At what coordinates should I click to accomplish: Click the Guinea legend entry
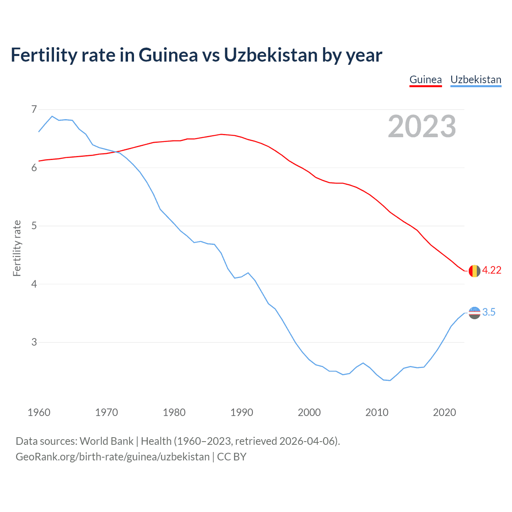pyautogui.click(x=426, y=80)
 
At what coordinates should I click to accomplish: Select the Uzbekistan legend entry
pyautogui.click(x=476, y=80)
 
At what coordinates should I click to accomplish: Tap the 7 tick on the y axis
pyautogui.click(x=34, y=109)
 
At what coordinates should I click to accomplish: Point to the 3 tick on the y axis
pyautogui.click(x=34, y=342)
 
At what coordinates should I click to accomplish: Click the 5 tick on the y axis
pyautogui.click(x=34, y=226)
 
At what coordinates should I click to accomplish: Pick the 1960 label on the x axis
pyautogui.click(x=39, y=412)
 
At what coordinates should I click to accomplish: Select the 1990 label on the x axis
pyautogui.click(x=242, y=412)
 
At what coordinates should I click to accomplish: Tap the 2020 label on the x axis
pyautogui.click(x=444, y=412)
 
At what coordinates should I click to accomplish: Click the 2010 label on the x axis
pyautogui.click(x=377, y=412)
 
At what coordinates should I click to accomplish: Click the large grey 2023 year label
pyautogui.click(x=422, y=126)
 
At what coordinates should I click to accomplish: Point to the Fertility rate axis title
pyautogui.click(x=17, y=248)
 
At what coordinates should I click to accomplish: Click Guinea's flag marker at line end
pyautogui.click(x=474, y=271)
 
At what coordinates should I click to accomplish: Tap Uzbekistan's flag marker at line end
pyautogui.click(x=474, y=313)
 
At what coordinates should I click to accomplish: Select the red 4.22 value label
pyautogui.click(x=492, y=270)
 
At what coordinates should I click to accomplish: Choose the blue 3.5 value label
pyautogui.click(x=489, y=312)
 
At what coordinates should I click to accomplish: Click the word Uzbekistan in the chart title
pyautogui.click(x=271, y=55)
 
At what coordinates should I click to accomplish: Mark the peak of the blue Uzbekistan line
pyautogui.click(x=52, y=116)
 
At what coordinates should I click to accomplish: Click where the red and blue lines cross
pyautogui.click(x=116, y=152)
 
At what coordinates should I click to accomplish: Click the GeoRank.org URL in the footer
pyautogui.click(x=112, y=457)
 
